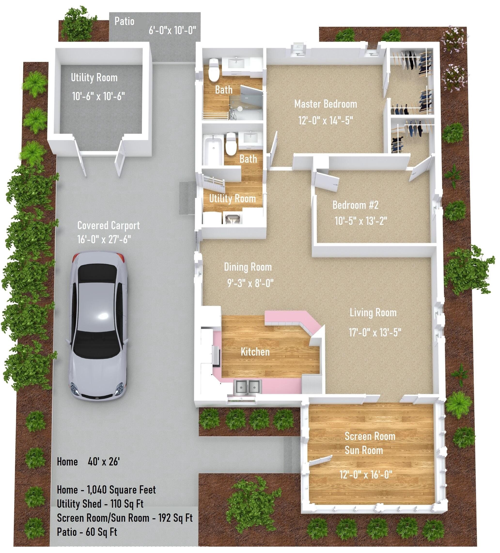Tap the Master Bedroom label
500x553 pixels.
point(326,104)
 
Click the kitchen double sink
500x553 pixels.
point(247,387)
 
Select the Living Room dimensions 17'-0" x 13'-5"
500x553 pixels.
point(375,333)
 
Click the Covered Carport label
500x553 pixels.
point(109,226)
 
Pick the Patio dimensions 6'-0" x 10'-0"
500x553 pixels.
point(172,30)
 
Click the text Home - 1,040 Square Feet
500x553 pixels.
point(106,490)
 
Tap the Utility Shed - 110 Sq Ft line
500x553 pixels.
point(100,504)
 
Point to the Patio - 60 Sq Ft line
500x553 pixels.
point(87,532)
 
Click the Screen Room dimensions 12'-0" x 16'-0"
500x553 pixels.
point(366,474)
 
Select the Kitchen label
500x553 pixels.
point(255,352)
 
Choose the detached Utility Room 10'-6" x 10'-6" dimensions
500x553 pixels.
point(98,96)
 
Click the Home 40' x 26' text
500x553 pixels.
point(88,462)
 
